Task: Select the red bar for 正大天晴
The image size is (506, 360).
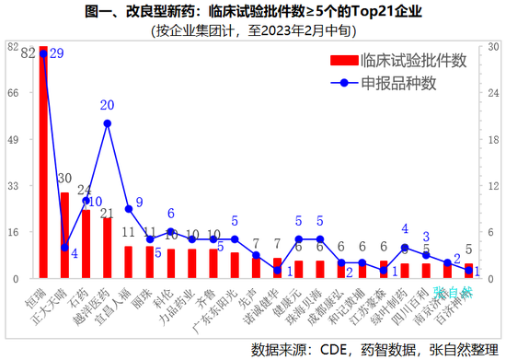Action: [x=64, y=236]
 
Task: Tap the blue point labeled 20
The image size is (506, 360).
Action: [x=108, y=123]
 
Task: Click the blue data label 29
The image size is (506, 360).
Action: [x=56, y=54]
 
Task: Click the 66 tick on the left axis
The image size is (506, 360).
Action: [x=13, y=92]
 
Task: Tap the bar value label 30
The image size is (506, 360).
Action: [x=64, y=179]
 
